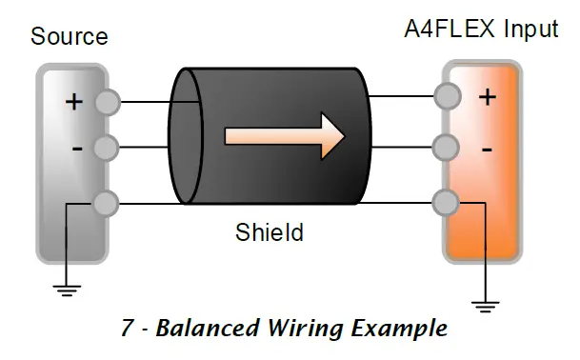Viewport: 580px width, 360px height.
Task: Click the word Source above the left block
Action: click(70, 38)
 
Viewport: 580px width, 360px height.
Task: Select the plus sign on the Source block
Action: click(73, 102)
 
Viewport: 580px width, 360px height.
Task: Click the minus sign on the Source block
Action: click(77, 149)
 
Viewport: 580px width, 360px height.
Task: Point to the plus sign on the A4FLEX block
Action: click(488, 97)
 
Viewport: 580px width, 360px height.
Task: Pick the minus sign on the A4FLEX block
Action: click(487, 150)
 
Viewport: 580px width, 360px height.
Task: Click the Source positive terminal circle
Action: click(108, 101)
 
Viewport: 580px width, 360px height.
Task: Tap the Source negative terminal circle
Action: click(108, 149)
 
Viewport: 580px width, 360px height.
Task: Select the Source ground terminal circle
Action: click(108, 202)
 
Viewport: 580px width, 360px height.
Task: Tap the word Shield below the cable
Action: click(270, 231)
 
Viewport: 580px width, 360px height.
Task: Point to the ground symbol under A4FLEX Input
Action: click(487, 306)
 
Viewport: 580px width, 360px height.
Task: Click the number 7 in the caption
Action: click(128, 330)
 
